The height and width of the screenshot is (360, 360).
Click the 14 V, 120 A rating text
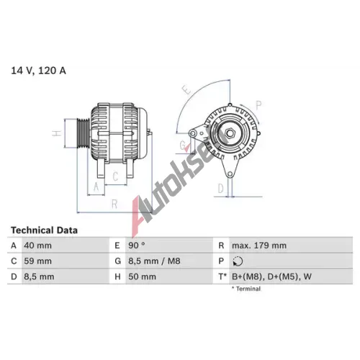point(38,71)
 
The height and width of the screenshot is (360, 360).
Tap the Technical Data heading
point(44,230)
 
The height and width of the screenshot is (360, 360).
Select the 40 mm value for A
point(37,246)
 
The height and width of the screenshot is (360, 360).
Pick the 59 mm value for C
point(37,261)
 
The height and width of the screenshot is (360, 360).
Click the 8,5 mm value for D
point(39,276)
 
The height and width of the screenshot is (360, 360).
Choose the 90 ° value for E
point(137,246)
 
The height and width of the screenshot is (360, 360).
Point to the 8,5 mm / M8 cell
point(154,261)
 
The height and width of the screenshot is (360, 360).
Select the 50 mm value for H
point(142,276)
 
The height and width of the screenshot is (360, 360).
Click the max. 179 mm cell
point(259,246)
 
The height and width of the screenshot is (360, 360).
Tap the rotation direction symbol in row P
point(238,261)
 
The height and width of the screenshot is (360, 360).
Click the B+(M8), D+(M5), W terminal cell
point(271,276)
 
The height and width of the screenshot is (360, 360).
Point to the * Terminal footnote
point(246,289)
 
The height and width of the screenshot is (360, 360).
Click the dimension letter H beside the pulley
point(57,133)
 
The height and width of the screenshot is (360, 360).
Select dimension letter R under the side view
point(114,204)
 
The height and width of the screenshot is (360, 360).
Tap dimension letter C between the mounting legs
point(115,176)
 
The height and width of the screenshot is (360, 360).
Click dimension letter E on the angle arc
point(186,90)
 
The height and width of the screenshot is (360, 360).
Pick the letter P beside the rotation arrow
point(258,105)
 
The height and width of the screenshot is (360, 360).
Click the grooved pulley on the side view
point(83,133)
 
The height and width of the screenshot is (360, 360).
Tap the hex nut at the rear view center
point(230,133)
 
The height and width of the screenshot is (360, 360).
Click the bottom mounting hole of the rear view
point(230,174)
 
